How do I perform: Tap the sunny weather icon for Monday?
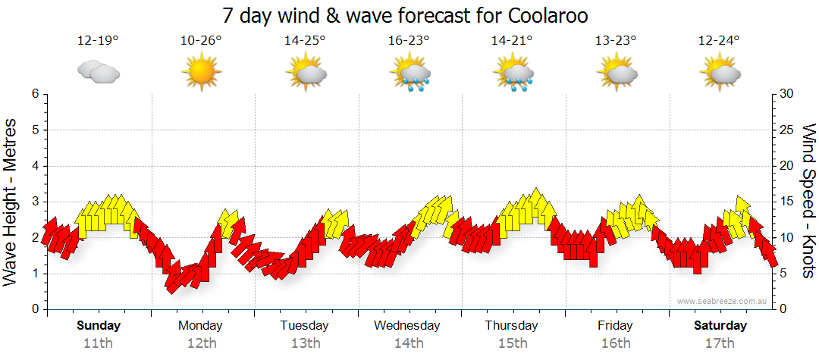(x=201, y=74)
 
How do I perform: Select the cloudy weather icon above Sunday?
(x=98, y=72)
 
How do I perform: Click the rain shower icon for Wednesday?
(x=410, y=74)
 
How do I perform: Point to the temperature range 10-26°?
(x=201, y=41)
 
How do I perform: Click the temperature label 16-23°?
(x=409, y=41)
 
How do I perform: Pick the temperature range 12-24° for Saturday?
(x=720, y=41)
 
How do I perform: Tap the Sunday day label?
(x=99, y=326)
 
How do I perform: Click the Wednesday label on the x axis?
(x=407, y=326)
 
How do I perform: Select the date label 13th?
(x=305, y=343)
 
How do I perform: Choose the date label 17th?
(x=720, y=343)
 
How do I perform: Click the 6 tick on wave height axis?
(x=35, y=94)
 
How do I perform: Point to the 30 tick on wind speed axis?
(x=787, y=94)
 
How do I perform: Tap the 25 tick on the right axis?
(x=787, y=130)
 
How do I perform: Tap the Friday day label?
(x=615, y=326)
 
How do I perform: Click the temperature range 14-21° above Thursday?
(x=513, y=41)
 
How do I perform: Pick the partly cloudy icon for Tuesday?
(x=306, y=74)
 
